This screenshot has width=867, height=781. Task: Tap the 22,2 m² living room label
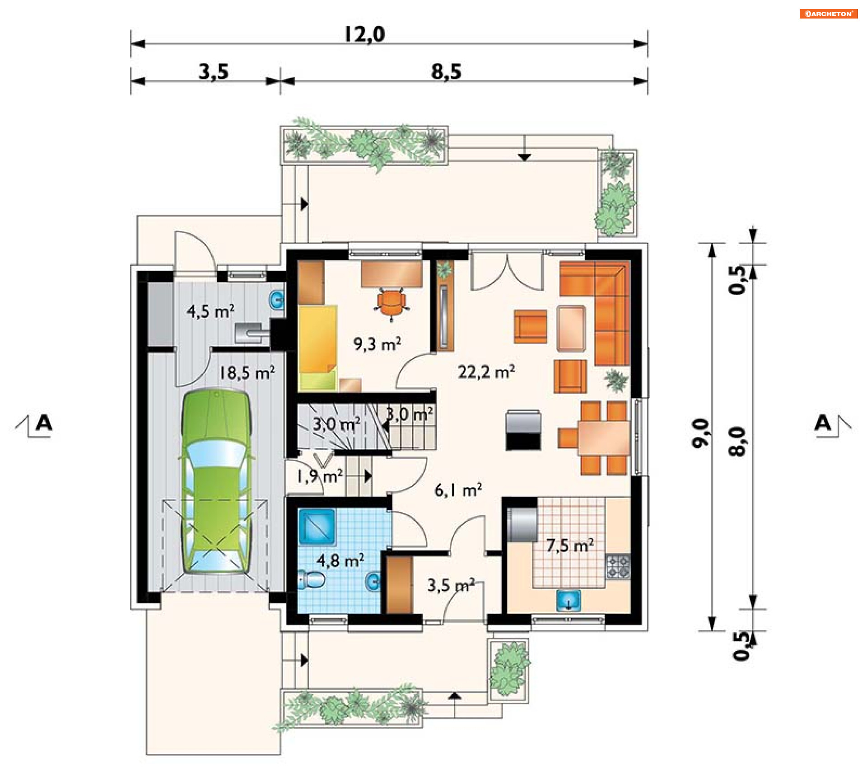point(486,372)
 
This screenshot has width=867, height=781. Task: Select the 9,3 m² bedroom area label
point(378,344)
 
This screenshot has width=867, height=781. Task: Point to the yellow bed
point(318,348)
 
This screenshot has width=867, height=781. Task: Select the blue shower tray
point(317,527)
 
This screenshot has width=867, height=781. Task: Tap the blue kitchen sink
point(569,601)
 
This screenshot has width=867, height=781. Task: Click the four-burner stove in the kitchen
point(618,567)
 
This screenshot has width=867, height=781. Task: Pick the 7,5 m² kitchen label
point(570,546)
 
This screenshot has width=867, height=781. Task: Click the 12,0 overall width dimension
point(364,34)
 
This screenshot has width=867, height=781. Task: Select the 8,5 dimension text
point(446,71)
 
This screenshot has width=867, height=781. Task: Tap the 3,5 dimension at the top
point(214,71)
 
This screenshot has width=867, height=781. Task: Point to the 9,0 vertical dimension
point(700,433)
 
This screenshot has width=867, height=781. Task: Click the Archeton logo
point(829,14)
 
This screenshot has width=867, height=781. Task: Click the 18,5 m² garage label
point(247,373)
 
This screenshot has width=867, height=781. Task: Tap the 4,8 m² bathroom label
point(340,561)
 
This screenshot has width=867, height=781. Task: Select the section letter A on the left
point(44,423)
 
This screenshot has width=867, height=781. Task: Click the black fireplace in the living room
point(523,430)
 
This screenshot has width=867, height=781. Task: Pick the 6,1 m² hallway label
point(458,489)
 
